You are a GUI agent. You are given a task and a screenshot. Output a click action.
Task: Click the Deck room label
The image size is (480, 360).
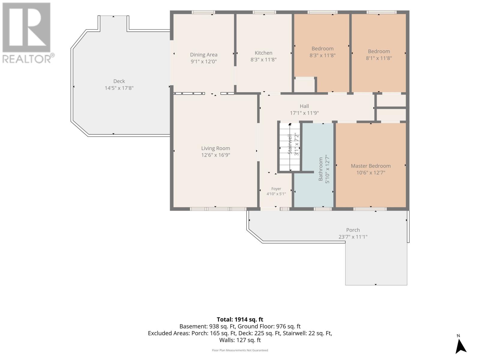click(119, 81)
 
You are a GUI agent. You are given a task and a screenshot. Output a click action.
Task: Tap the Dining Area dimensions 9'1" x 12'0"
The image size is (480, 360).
click(204, 61)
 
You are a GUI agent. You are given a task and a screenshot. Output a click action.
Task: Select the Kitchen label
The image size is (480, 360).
click(263, 53)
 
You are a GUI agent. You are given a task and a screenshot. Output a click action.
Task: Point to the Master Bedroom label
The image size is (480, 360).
click(371, 166)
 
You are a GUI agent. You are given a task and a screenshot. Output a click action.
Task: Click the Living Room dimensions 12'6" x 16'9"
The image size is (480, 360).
click(215, 155)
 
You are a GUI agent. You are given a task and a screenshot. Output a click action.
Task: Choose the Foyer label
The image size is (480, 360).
click(276, 189)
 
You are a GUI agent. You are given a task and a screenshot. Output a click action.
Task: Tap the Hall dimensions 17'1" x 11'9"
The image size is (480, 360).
click(304, 113)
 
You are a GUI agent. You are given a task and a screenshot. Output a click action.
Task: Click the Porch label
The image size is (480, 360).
click(353, 230)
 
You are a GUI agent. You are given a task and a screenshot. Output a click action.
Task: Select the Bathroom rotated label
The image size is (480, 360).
click(321, 169)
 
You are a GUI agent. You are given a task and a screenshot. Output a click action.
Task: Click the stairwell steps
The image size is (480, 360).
click(290, 147)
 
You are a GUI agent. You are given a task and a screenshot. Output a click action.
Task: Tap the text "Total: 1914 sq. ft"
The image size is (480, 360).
click(240, 319)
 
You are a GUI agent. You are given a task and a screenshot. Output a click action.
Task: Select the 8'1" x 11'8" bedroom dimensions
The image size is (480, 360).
click(379, 58)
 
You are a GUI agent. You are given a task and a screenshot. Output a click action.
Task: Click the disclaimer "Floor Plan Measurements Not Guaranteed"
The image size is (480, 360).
click(240, 350)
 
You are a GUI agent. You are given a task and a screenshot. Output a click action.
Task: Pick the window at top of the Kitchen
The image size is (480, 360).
click(264, 12)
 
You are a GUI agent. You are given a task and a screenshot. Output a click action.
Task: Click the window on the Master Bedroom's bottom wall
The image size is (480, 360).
click(370, 209)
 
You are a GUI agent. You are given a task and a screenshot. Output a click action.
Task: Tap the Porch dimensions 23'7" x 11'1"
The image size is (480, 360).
click(353, 237)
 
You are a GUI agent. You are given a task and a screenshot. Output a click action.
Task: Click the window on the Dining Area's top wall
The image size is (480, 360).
click(203, 12)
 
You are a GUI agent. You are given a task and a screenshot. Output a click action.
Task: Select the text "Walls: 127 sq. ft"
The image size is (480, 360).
click(240, 340)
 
